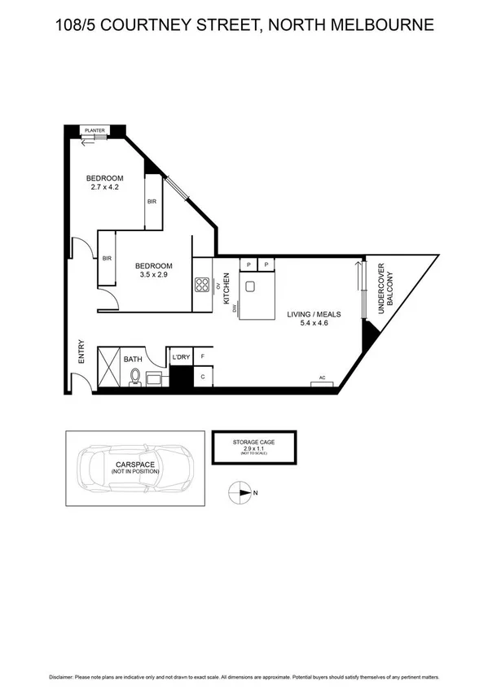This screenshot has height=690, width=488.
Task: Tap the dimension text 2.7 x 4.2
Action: (105, 188)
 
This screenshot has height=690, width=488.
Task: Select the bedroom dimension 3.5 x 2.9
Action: (153, 276)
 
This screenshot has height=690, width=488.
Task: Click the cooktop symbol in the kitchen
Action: (202, 284)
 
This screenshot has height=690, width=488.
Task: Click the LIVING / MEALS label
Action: (314, 314)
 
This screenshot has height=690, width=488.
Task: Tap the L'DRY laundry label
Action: (180, 357)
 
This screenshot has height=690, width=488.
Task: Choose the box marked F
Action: (203, 357)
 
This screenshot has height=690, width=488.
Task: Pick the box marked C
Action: (203, 377)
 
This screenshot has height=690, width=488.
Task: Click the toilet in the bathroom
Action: (135, 376)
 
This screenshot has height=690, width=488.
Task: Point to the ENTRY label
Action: (80, 352)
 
